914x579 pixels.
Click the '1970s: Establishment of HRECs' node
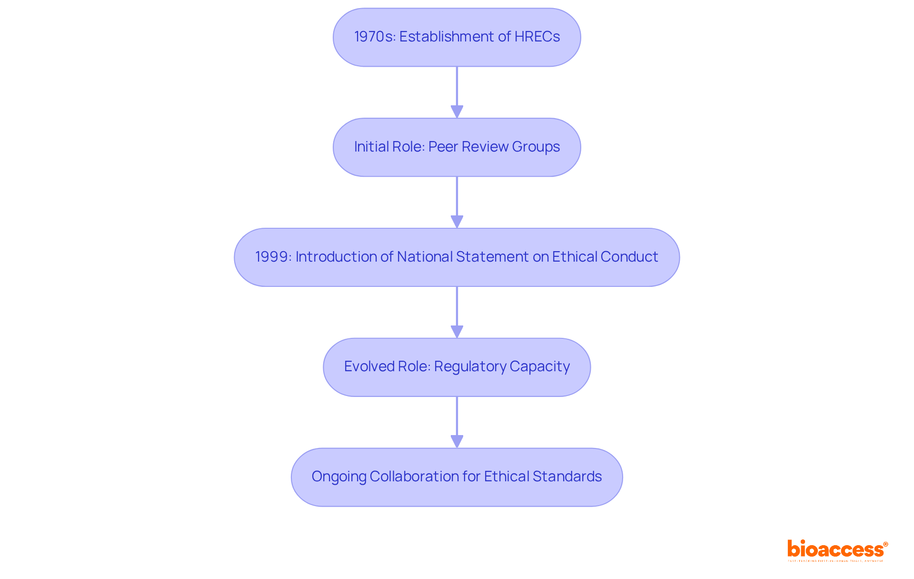coord(457,37)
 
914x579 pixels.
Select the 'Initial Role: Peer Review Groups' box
coord(457,147)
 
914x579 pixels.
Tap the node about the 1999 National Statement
coord(457,257)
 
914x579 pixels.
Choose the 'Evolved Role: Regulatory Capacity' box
coord(457,367)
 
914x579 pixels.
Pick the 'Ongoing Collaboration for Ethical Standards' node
coord(457,477)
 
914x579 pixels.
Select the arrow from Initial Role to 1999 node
coord(457,202)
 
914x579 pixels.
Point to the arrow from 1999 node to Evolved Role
coord(457,312)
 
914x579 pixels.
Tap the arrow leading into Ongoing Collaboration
coord(457,422)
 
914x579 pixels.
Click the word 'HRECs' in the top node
coord(537,37)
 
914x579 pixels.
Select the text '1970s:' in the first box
coord(375,37)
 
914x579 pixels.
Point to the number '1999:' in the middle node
coord(273,257)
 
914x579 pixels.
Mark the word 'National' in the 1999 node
coord(425,257)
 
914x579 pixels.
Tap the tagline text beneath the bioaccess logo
coord(835,561)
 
